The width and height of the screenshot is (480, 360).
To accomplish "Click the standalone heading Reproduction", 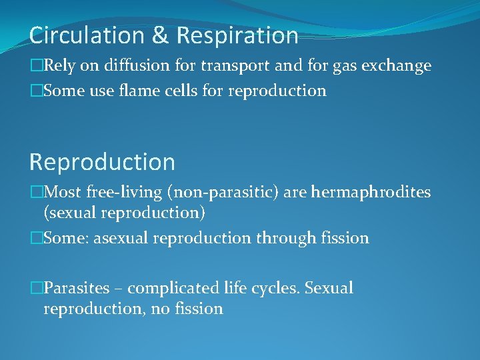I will tap(102, 162).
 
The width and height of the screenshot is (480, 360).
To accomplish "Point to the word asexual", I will tap(123, 239).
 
